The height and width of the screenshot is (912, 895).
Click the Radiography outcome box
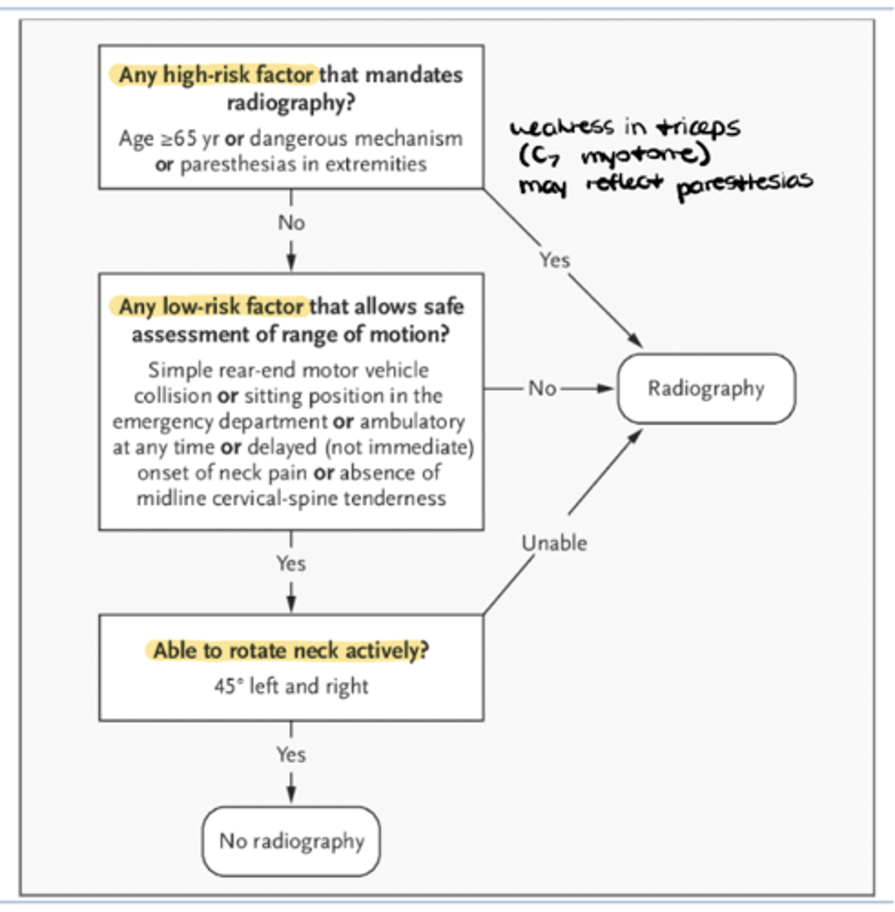point(706,388)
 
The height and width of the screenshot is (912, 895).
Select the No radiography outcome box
point(291,841)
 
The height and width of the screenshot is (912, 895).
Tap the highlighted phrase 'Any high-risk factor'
point(216,75)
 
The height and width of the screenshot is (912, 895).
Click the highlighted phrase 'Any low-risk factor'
point(211,306)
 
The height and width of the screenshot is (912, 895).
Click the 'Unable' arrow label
point(554,543)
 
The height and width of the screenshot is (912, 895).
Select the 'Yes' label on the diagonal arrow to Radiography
point(554,260)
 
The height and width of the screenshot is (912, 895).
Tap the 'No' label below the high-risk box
point(291,223)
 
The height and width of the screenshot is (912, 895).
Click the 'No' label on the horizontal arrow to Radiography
point(542,388)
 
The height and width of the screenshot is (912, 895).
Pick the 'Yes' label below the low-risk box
point(291,563)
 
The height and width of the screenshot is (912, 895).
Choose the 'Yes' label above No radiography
point(291,755)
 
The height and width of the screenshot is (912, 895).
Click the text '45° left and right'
point(290,686)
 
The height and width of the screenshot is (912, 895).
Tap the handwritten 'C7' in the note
point(541,156)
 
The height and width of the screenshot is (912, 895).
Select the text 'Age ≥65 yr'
point(168,139)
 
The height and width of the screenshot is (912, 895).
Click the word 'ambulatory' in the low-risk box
point(412,421)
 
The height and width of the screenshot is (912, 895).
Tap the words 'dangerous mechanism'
point(356,139)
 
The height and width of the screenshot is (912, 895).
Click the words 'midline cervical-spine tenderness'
point(291,499)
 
